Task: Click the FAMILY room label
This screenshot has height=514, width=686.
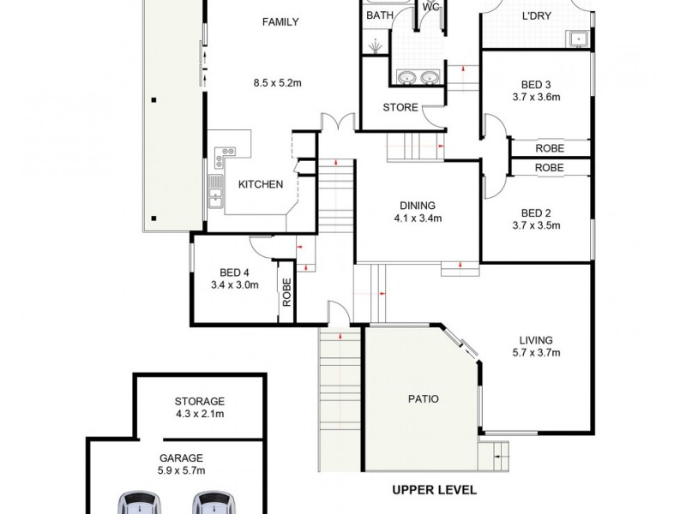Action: pyautogui.click(x=280, y=22)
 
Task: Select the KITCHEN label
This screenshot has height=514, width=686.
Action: pyautogui.click(x=261, y=184)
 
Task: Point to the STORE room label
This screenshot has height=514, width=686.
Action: pyautogui.click(x=400, y=108)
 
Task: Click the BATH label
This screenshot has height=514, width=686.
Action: pyautogui.click(x=379, y=16)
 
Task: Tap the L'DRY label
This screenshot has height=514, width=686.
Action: pyautogui.click(x=535, y=16)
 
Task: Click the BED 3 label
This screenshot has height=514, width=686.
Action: pyautogui.click(x=535, y=84)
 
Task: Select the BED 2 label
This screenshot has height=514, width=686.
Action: pyautogui.click(x=535, y=213)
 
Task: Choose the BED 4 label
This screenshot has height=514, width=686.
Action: pyautogui.click(x=234, y=272)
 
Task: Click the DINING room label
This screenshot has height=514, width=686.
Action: pyautogui.click(x=418, y=206)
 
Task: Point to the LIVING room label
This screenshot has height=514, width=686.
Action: pyautogui.click(x=535, y=340)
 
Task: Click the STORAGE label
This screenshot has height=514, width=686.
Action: pyautogui.click(x=199, y=401)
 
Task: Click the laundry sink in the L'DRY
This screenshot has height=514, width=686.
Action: pyautogui.click(x=579, y=38)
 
